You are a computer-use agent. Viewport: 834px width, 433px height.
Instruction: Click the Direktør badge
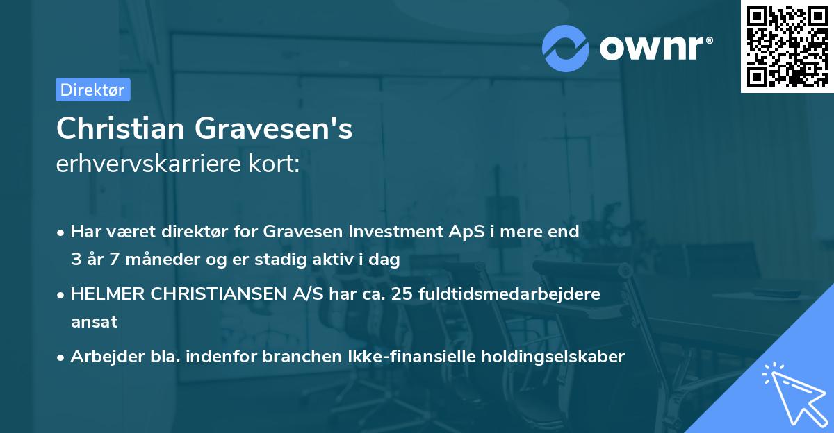pos(92,90)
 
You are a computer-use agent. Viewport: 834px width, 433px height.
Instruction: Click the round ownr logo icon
pos(566,47)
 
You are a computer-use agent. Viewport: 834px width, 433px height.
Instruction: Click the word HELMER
pos(105,294)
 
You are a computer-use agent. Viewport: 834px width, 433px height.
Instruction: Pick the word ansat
pos(94,323)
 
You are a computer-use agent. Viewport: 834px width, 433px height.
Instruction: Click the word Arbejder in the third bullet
pos(101,357)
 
